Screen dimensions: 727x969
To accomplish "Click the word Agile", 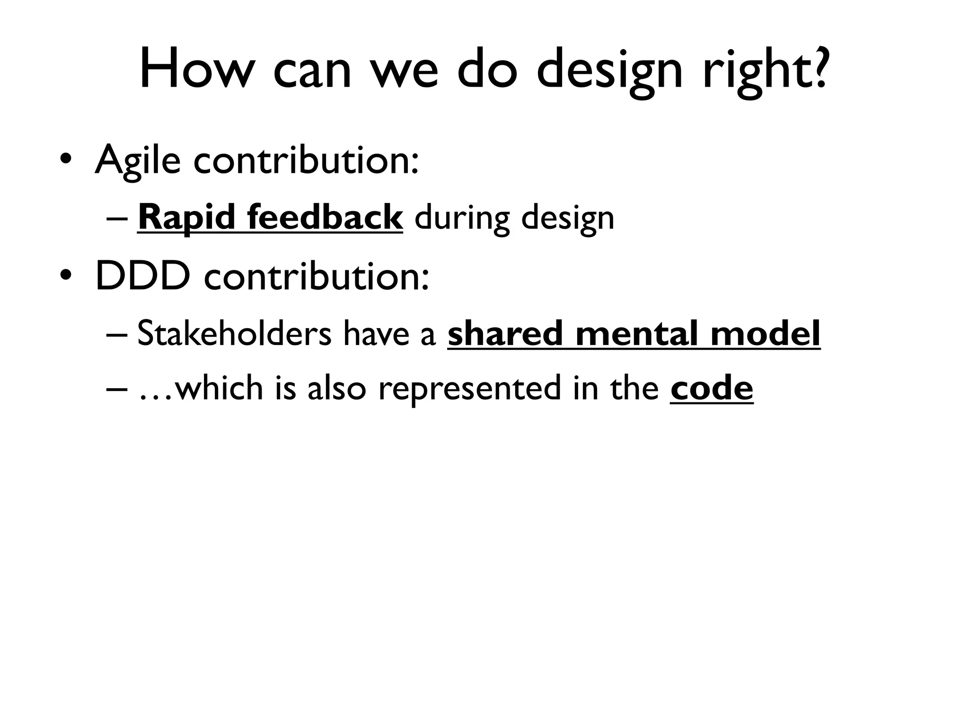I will [x=138, y=161].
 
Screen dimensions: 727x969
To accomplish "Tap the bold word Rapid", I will [x=187, y=218].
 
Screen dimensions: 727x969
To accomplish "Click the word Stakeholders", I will [x=234, y=334].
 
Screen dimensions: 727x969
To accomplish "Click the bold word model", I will [x=765, y=334].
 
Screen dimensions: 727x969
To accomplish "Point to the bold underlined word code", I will [x=711, y=388].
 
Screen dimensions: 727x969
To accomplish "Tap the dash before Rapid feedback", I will [x=117, y=219].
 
